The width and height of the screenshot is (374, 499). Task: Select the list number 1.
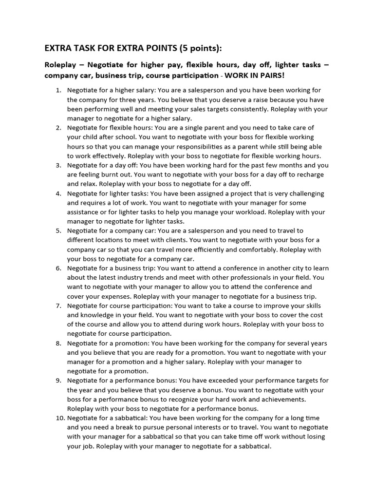click(58, 90)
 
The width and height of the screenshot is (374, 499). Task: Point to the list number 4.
click(58, 193)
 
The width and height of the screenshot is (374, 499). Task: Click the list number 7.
click(58, 306)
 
